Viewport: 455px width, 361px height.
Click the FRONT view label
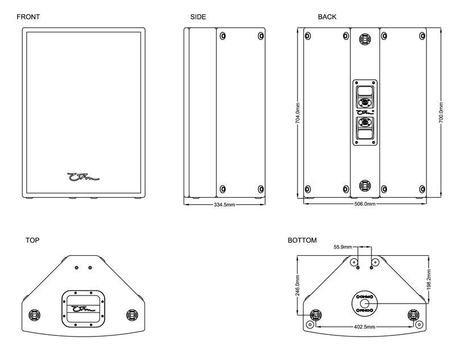28,17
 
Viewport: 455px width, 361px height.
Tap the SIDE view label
198,17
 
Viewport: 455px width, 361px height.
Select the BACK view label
327,17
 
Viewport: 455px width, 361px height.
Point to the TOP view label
33,240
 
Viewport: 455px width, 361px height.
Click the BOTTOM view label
303,240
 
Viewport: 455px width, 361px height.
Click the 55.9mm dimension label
344,247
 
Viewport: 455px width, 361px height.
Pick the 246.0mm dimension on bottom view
297,284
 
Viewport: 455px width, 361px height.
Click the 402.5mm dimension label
363,327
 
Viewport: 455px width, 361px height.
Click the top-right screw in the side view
260,36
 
